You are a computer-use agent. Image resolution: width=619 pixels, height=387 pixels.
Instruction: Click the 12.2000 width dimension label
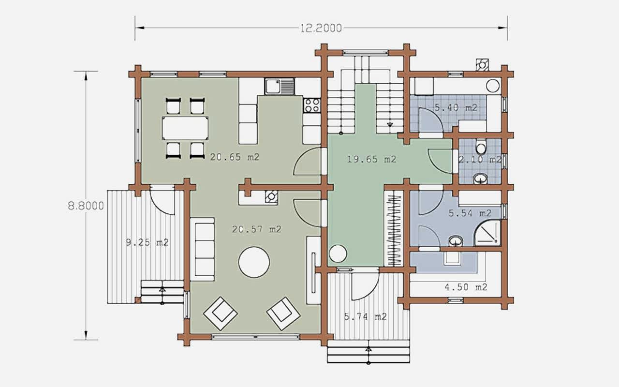(x=321, y=28)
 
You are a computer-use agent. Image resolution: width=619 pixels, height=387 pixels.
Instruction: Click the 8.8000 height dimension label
(x=86, y=206)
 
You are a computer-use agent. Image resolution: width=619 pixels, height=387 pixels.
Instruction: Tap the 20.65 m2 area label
(x=235, y=157)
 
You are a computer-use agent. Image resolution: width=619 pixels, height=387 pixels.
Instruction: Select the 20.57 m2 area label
(x=257, y=229)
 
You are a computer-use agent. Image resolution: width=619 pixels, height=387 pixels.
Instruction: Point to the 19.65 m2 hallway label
(x=372, y=159)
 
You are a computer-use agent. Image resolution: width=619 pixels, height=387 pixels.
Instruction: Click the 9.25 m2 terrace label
(x=147, y=242)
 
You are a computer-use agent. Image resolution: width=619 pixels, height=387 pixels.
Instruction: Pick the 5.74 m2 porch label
(x=365, y=316)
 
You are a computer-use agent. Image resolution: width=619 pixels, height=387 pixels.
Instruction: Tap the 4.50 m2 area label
(x=466, y=287)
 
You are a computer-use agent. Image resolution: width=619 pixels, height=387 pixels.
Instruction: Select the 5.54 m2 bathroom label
(x=470, y=213)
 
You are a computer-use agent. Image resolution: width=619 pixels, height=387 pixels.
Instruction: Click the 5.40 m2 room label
(x=456, y=107)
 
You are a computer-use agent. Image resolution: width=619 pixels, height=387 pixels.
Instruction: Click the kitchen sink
(x=280, y=86)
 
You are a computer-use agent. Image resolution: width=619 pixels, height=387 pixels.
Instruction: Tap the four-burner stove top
(x=312, y=105)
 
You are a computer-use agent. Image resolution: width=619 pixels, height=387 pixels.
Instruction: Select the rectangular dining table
(x=185, y=128)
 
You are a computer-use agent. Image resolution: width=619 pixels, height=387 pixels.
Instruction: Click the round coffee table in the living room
(x=254, y=262)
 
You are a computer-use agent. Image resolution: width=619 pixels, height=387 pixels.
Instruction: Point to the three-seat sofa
(x=202, y=249)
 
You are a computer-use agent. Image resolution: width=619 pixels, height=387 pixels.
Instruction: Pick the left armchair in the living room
(x=220, y=313)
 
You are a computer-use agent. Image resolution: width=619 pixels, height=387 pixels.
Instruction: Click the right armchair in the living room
(x=283, y=313)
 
